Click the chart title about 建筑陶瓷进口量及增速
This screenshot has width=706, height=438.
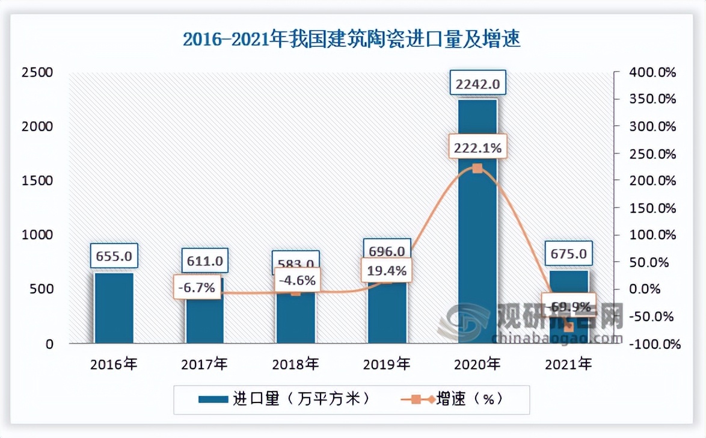[352, 40]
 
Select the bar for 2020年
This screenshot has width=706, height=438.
[477, 241]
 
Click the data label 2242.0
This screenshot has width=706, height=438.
[477, 84]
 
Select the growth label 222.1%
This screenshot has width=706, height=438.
[477, 147]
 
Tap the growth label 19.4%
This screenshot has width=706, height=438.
[385, 271]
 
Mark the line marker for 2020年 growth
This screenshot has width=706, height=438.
[477, 168]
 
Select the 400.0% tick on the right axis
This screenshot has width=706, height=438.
[652, 73]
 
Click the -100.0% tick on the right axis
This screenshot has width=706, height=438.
[652, 345]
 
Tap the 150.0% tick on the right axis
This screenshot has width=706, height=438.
[652, 208]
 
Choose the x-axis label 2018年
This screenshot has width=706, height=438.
[295, 364]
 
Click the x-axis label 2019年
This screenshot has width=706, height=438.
[387, 364]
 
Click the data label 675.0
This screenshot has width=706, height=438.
[569, 253]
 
